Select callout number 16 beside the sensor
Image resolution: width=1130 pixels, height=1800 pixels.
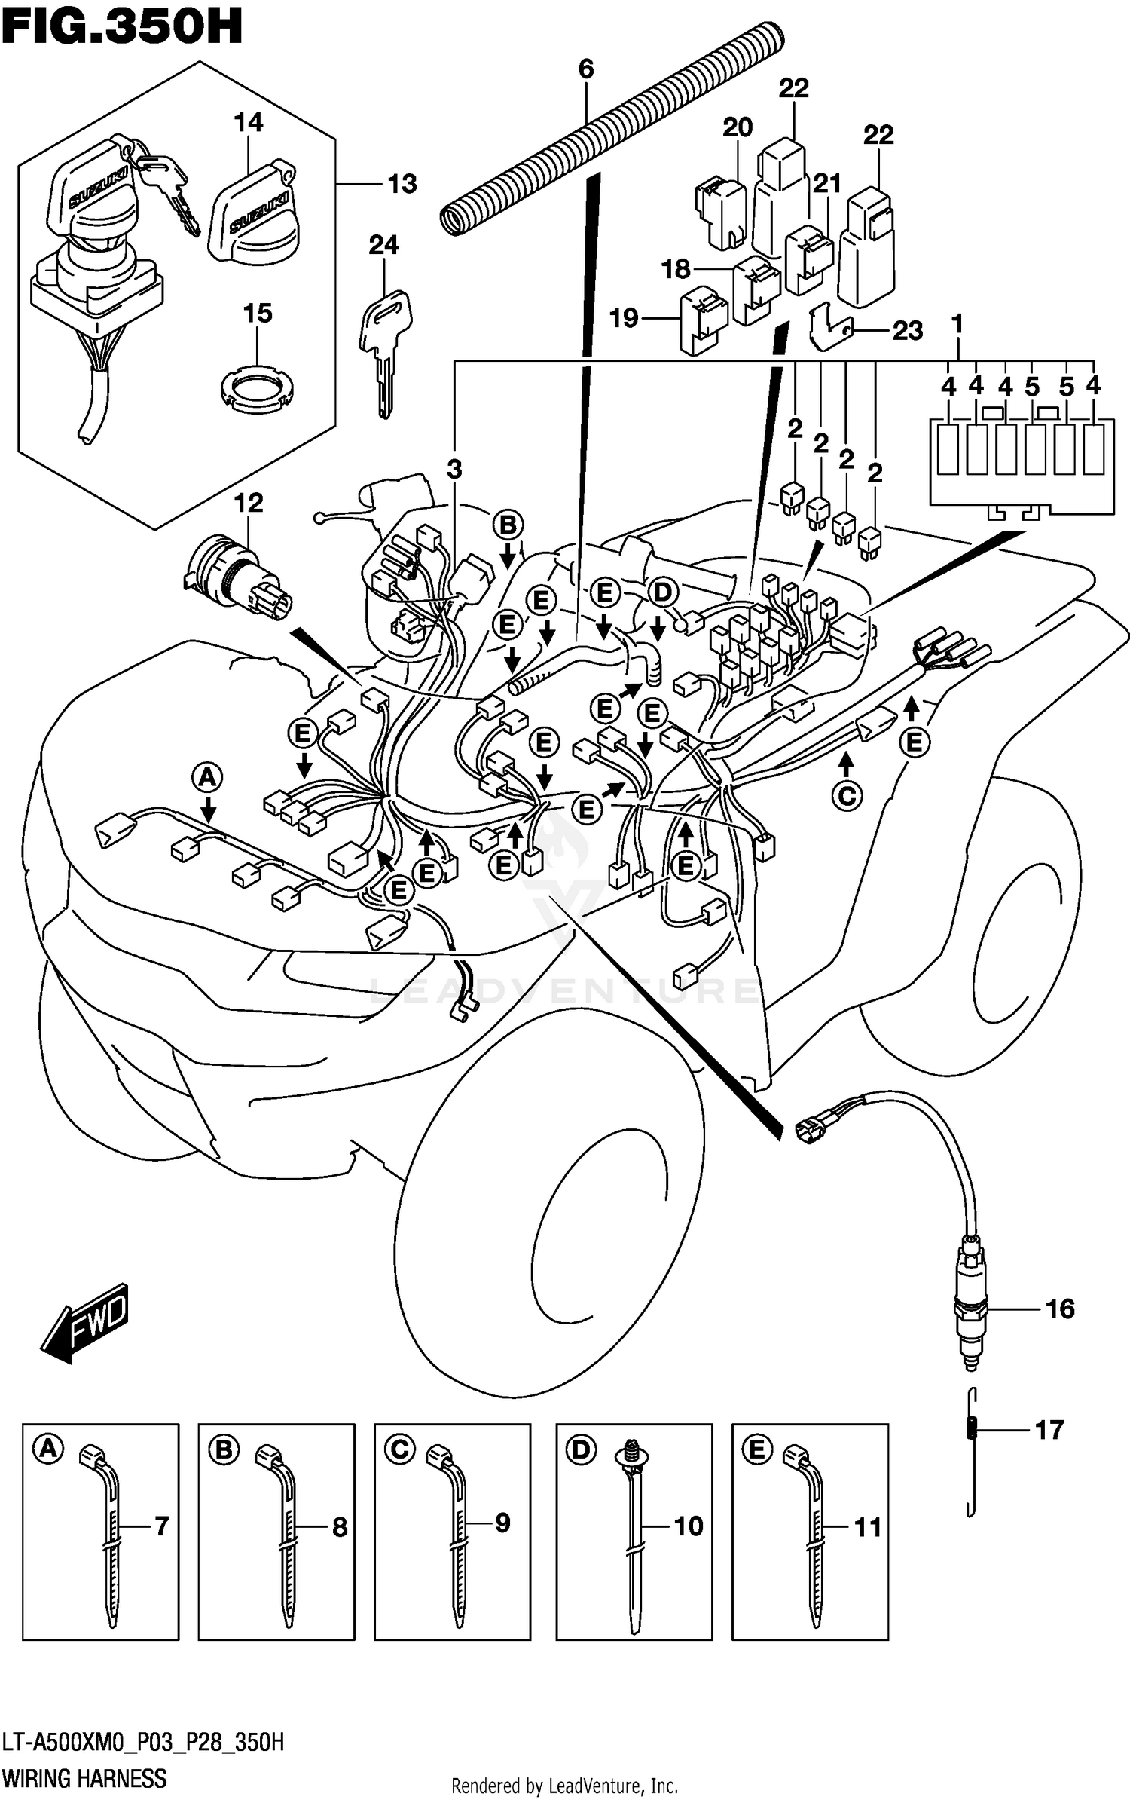pyautogui.click(x=1060, y=1309)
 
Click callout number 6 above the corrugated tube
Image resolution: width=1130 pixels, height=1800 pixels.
pyautogui.click(x=586, y=69)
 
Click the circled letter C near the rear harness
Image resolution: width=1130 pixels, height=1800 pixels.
pyautogui.click(x=847, y=796)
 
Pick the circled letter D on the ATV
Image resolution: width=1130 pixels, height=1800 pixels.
pyautogui.click(x=662, y=593)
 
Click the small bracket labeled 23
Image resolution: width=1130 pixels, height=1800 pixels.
pyautogui.click(x=829, y=327)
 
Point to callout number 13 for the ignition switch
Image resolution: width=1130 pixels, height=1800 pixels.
pyautogui.click(x=402, y=184)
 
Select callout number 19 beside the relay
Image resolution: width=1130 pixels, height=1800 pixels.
pyautogui.click(x=624, y=319)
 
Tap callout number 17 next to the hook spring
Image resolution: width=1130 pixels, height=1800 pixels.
pyautogui.click(x=1049, y=1430)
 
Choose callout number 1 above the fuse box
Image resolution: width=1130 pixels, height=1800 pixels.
pyautogui.click(x=957, y=325)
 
